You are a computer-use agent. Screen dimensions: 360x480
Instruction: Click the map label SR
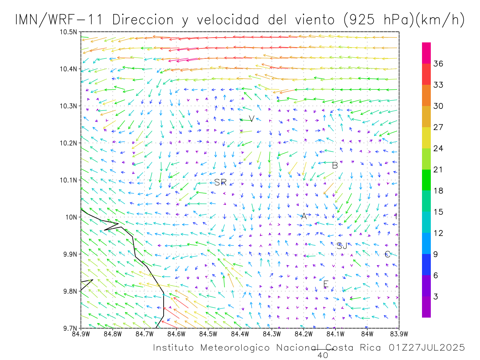click(x=220, y=182)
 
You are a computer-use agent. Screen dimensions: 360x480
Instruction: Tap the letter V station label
click(x=251, y=118)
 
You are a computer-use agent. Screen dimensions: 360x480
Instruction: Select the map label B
click(x=335, y=165)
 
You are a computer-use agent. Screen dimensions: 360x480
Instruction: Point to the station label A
click(x=304, y=216)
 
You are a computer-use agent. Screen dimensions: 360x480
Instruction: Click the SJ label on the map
click(x=342, y=246)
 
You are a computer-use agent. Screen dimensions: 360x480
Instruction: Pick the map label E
click(x=326, y=284)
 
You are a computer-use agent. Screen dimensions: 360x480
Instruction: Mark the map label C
click(x=387, y=254)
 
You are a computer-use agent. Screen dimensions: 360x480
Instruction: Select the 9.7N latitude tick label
click(x=69, y=328)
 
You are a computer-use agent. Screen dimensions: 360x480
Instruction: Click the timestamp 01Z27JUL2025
click(x=426, y=348)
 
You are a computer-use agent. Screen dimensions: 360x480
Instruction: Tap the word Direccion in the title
click(x=143, y=20)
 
